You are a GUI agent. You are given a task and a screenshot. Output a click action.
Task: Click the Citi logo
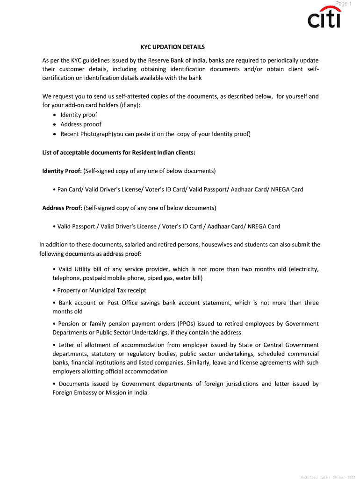coord(324,19)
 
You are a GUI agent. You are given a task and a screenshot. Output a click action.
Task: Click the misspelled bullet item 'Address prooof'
coord(81,124)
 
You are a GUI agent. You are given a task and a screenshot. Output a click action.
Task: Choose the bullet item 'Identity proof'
coord(79,115)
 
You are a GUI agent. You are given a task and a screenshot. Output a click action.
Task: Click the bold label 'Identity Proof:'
coord(62,171)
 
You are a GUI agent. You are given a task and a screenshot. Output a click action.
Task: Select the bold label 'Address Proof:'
coord(62,208)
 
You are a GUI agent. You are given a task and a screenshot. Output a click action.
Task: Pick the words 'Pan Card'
coord(69,189)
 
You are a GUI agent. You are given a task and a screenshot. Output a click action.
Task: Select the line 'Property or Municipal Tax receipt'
coord(101,290)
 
